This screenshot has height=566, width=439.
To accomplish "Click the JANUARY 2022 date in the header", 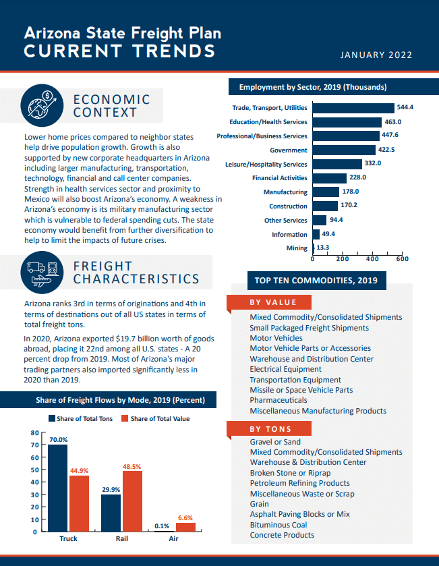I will [x=376, y=55].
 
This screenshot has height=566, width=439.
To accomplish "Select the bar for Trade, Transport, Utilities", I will [x=353, y=108].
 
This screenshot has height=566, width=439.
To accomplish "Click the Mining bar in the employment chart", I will [x=314, y=248].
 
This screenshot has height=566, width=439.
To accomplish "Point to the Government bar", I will [x=344, y=150].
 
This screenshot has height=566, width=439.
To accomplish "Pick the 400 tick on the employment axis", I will [x=372, y=259].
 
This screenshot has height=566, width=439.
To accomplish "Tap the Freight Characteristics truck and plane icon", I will [x=41, y=272].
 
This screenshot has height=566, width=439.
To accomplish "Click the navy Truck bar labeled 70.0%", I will [x=58, y=488].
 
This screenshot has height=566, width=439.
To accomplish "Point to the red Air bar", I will [x=185, y=527].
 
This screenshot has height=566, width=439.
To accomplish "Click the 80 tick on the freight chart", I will [x=34, y=432].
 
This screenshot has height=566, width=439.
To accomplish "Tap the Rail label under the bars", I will [x=122, y=540].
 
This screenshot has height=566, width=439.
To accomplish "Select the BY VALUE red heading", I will [x=272, y=303].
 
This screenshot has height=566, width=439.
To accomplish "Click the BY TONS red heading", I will [x=270, y=429].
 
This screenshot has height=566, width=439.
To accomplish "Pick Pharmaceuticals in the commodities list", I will [x=279, y=400].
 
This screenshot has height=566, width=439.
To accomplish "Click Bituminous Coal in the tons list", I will [x=278, y=525].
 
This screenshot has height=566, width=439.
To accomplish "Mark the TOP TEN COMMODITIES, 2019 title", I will [x=316, y=281].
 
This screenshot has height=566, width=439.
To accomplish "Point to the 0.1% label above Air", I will [x=162, y=526].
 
